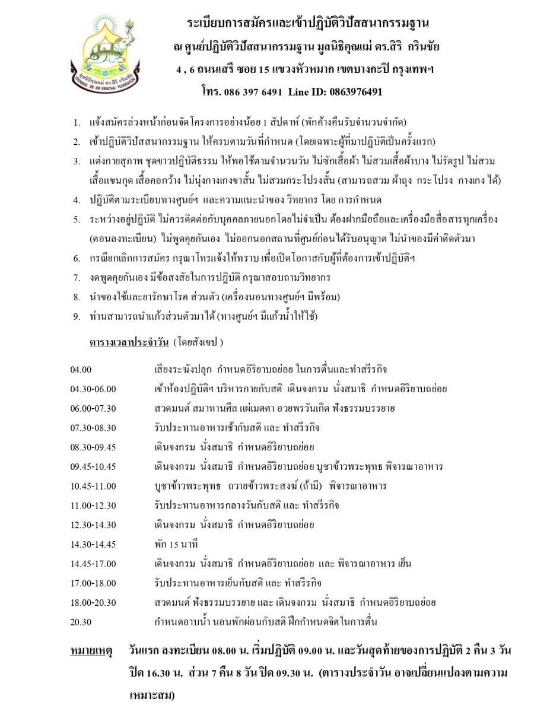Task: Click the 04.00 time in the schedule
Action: tap(81, 370)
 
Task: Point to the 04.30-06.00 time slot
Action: tap(93, 389)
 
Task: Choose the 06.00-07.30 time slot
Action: tap(93, 408)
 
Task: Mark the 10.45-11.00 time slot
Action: tap(93, 486)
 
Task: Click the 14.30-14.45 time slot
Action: tap(93, 544)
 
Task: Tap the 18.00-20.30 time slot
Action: tap(93, 602)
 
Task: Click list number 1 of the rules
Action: tap(77, 123)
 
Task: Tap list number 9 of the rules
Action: tap(77, 316)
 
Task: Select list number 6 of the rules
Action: tap(77, 258)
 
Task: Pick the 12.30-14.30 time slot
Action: tap(93, 525)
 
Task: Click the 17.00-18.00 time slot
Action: tap(93, 583)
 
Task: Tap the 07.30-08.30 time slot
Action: tap(93, 428)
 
